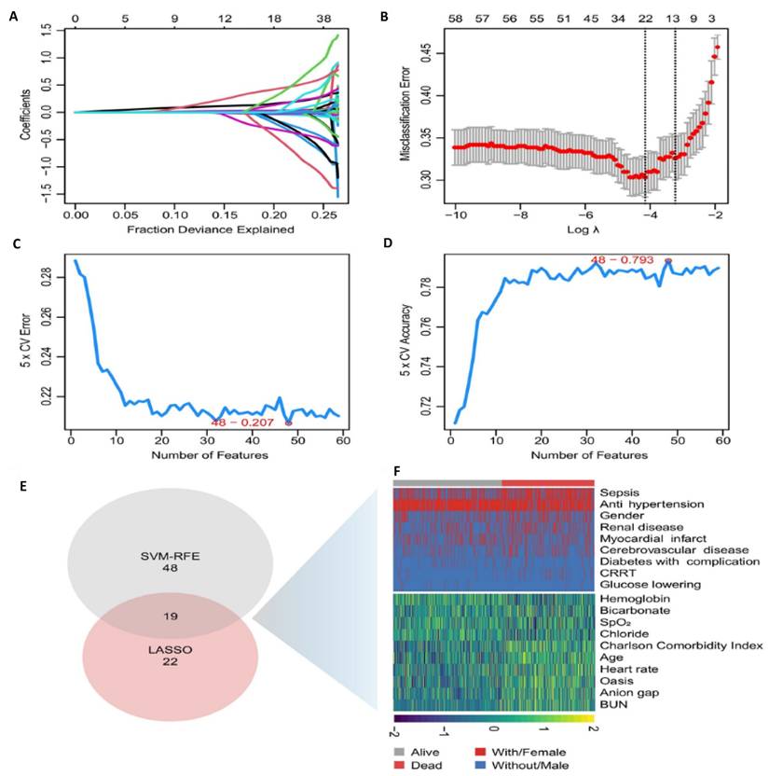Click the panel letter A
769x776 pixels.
13,14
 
